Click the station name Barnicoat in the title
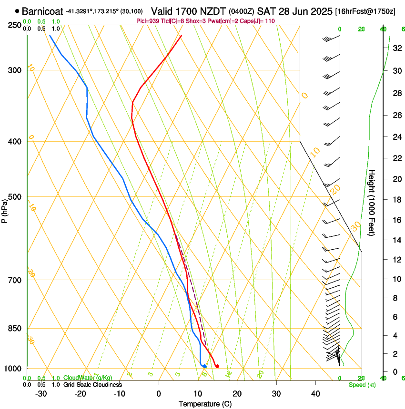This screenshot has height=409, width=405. coord(42,11)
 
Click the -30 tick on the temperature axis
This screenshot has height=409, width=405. coord(40,394)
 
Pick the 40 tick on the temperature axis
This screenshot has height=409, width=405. coord(315,394)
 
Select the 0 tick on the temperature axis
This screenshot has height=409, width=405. coord(159,394)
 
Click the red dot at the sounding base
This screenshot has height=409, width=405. coord(217,366)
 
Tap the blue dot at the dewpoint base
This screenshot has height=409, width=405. coord(204,366)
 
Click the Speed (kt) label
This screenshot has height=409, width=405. coord(362,385)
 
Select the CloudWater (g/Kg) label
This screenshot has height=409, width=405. coord(85,378)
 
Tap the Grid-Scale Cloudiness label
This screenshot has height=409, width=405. coord(92,385)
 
